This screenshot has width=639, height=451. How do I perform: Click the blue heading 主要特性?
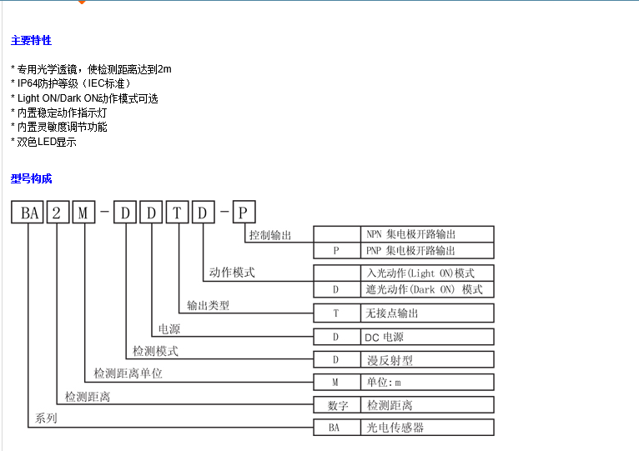click(31, 40)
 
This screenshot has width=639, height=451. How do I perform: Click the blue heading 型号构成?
click(31, 178)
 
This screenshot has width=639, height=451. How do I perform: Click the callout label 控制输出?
click(270, 235)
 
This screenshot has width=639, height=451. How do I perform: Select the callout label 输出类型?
click(208, 305)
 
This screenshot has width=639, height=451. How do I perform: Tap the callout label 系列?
click(46, 418)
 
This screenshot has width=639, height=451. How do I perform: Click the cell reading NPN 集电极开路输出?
click(410, 234)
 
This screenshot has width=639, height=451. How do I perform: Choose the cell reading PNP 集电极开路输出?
click(410, 250)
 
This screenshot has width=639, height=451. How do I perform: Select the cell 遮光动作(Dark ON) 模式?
click(424, 289)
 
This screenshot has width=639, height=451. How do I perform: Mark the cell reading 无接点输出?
click(392, 313)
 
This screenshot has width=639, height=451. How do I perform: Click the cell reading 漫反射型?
click(390, 360)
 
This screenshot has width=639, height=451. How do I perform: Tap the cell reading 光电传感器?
click(395, 427)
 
